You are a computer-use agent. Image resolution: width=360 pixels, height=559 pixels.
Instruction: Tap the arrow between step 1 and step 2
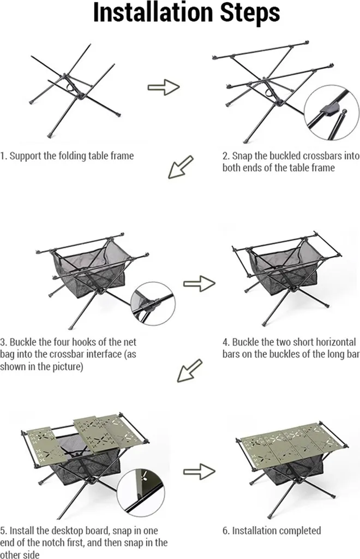point(164,87)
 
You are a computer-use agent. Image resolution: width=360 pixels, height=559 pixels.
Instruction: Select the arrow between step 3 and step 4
point(199,284)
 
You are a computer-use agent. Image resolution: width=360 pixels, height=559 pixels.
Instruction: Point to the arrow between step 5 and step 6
point(199,472)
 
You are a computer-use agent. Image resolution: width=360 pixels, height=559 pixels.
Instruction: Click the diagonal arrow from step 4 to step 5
point(189,371)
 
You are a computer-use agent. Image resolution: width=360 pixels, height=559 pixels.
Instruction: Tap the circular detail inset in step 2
point(332,112)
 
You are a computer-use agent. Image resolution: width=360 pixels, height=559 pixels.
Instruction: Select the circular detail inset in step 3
point(153,304)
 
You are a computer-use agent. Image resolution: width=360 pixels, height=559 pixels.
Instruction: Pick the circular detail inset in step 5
point(141,493)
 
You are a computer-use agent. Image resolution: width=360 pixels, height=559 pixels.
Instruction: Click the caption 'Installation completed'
point(277,531)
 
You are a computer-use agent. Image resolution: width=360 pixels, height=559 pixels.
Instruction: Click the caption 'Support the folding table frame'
point(71,156)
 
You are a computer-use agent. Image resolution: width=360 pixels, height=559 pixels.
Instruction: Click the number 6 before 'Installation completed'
point(225,531)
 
